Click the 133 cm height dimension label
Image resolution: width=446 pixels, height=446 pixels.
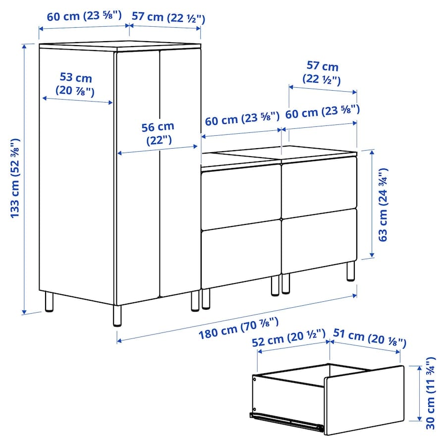click(x=15, y=178)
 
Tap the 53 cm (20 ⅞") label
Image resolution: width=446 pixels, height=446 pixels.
click(x=75, y=84)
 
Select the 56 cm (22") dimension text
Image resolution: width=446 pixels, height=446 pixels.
click(x=158, y=134)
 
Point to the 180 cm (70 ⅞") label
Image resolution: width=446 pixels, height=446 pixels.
click(x=238, y=328)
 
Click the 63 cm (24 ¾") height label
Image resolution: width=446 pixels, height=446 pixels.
click(x=383, y=205)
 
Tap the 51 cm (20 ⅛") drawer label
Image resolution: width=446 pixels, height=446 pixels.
click(x=370, y=338)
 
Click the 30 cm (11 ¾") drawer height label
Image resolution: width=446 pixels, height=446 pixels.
click(x=431, y=393)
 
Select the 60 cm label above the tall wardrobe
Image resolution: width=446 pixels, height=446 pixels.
click(x=84, y=16)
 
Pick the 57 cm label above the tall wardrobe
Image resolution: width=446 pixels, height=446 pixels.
click(x=168, y=17)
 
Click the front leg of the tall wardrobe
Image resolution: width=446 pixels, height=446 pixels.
click(x=117, y=316)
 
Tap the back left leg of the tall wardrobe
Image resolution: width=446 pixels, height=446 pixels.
click(x=49, y=301)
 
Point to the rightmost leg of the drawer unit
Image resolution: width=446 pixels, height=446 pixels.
click(x=351, y=272)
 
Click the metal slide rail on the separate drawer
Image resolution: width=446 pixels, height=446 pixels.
click(x=287, y=420)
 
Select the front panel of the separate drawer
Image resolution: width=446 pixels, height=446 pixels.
click(x=364, y=400)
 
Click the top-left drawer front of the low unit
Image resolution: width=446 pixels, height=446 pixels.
click(x=241, y=196)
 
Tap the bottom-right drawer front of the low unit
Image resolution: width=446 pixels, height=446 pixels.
click(x=319, y=241)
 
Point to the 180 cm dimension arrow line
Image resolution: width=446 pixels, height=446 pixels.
click(x=237, y=318)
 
